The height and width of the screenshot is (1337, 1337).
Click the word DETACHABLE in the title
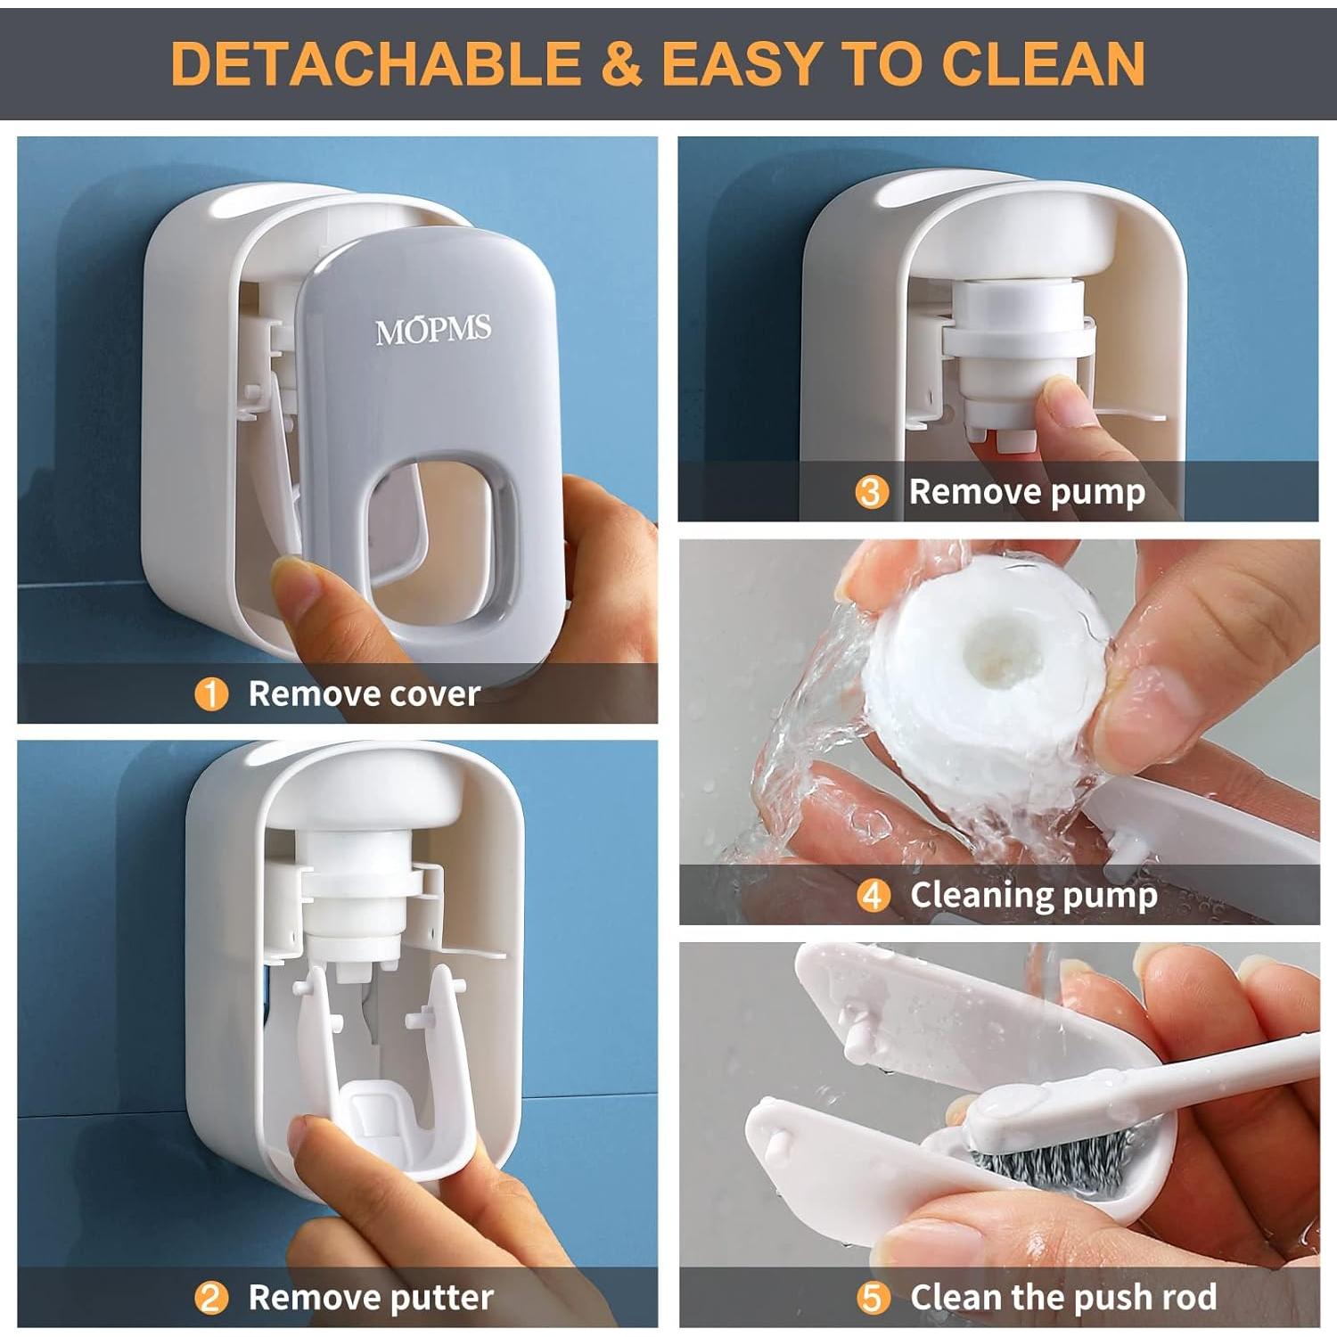tap(374, 63)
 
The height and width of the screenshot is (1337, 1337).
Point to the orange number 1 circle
tap(211, 693)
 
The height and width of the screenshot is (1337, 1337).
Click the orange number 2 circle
tap(211, 1298)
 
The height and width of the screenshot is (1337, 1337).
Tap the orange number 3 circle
tap(872, 492)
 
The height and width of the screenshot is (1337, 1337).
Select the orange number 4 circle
tap(873, 895)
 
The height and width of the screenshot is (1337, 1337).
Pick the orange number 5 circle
tap(873, 1298)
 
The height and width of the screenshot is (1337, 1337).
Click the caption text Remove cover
tap(364, 693)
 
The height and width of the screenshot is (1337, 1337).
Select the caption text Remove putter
tap(370, 1298)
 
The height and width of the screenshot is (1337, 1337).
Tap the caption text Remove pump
tap(1026, 492)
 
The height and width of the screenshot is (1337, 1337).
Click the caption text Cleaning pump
tap(1033, 895)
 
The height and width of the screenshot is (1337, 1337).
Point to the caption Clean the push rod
tap(1062, 1298)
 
